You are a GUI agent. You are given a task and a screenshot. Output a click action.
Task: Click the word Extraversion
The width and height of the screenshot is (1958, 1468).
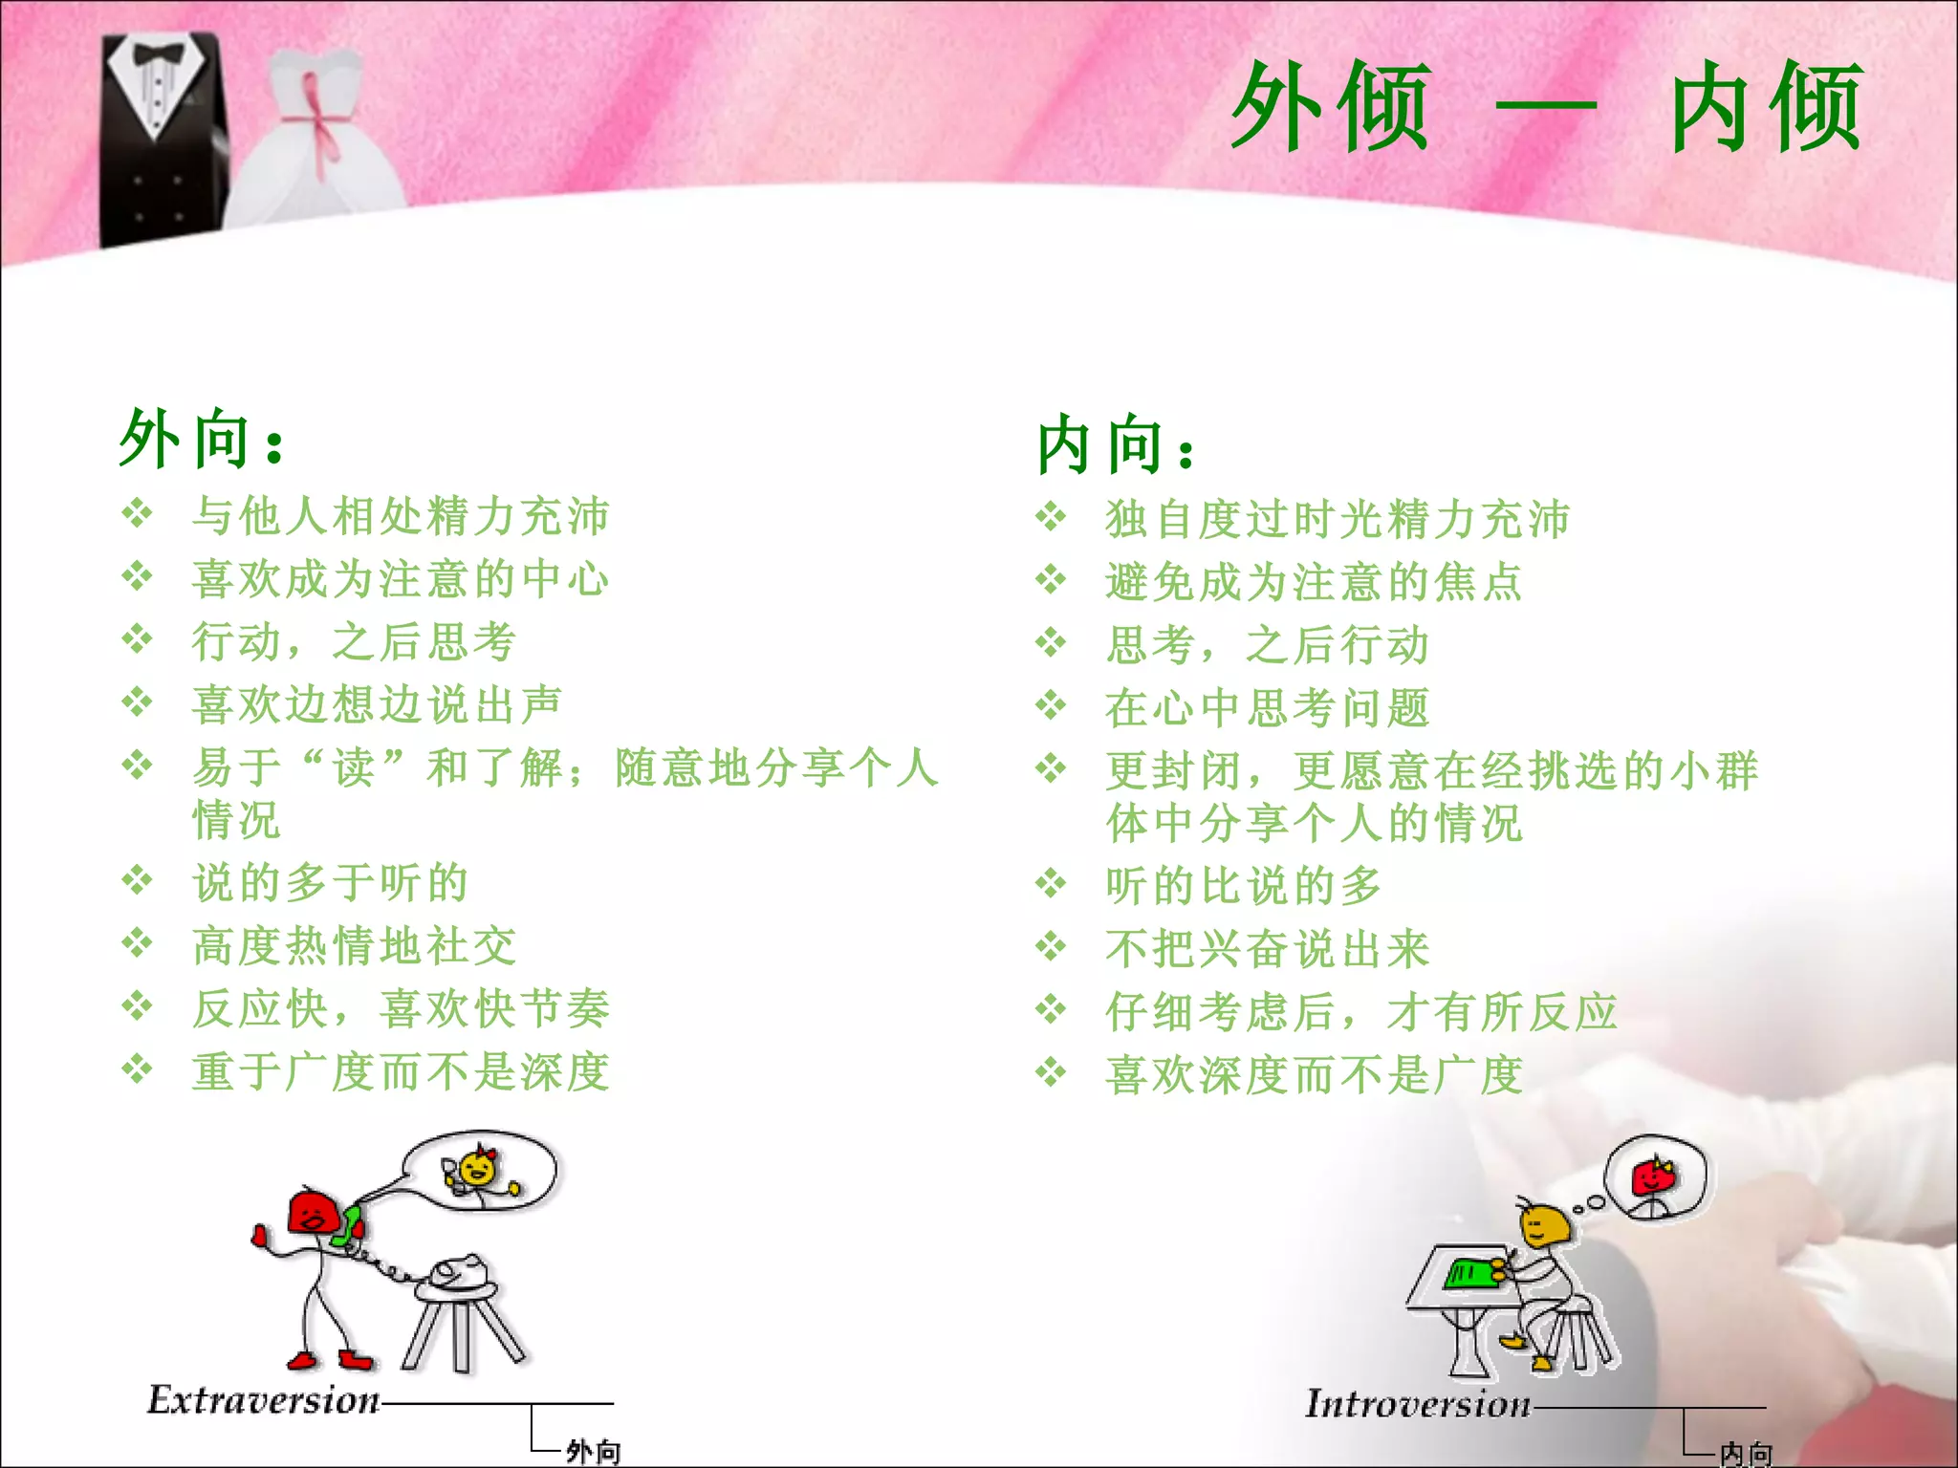tap(264, 1400)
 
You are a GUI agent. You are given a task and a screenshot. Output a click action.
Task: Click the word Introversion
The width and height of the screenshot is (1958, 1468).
tap(1419, 1404)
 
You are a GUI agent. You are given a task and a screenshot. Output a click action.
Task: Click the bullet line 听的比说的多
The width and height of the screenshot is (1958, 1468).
tap(1243, 886)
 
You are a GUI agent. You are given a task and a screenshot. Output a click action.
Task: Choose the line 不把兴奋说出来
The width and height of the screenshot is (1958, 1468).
tap(1267, 949)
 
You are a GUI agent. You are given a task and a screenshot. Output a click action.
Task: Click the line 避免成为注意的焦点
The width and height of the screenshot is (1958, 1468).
tap(1314, 582)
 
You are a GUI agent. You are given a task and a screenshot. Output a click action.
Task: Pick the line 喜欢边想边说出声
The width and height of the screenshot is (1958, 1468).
tap(377, 705)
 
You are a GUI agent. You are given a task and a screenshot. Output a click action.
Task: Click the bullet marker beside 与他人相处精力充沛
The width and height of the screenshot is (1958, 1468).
tap(138, 514)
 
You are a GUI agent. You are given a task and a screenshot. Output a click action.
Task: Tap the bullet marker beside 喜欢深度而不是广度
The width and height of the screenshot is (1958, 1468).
tap(1051, 1072)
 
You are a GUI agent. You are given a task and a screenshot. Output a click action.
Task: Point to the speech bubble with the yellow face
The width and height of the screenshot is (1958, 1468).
tap(481, 1171)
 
